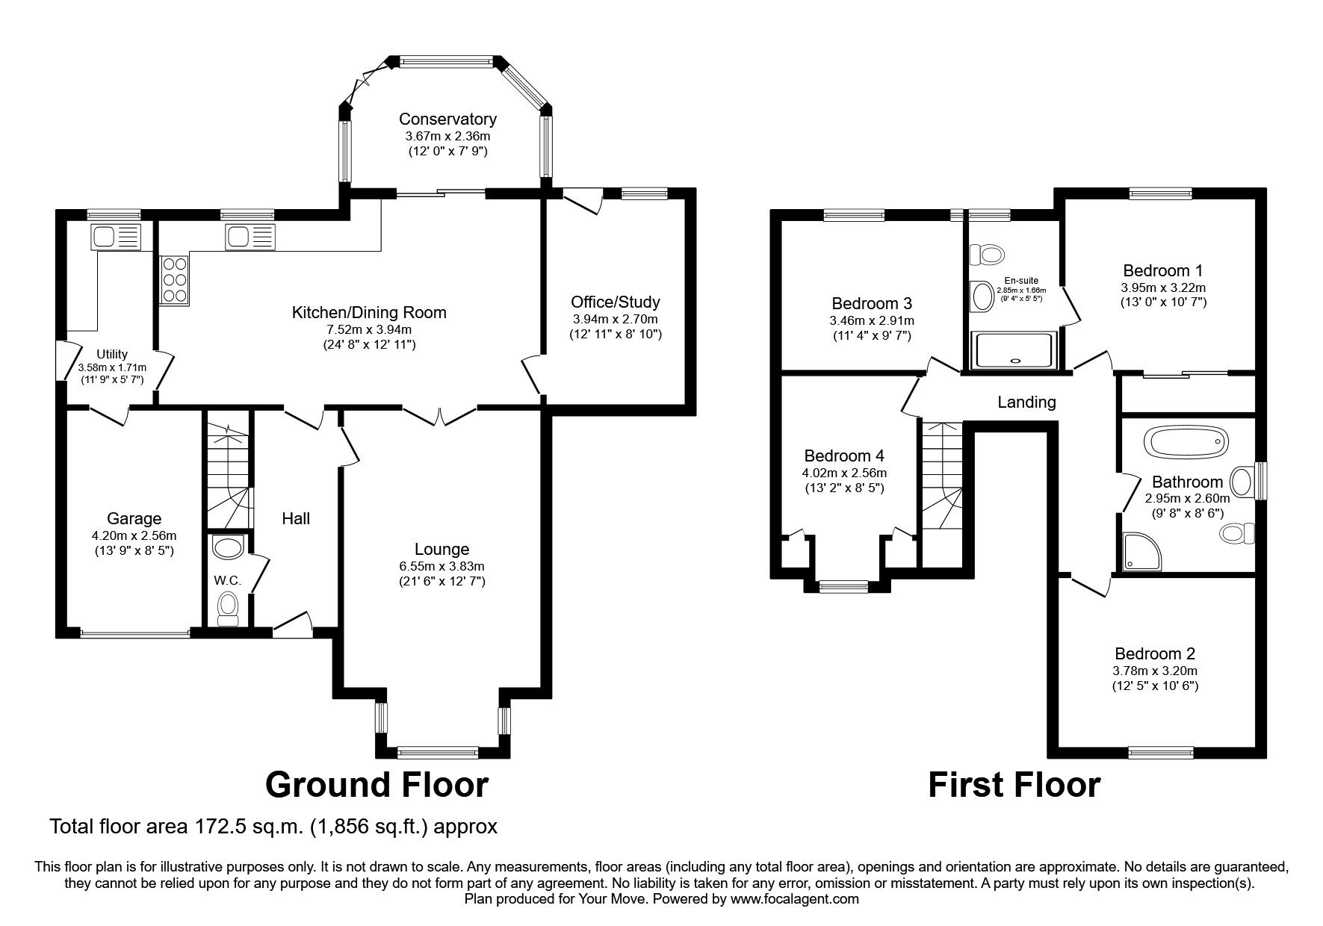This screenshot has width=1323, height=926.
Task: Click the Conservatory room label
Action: click(447, 119)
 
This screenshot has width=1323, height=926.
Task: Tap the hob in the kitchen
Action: click(174, 279)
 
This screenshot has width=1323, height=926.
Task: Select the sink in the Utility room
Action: click(115, 237)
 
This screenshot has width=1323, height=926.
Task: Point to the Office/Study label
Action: click(615, 302)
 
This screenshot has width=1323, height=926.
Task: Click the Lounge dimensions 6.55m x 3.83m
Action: click(442, 567)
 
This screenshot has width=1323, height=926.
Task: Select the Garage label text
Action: click(134, 519)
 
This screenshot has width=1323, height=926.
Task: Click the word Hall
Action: click(296, 519)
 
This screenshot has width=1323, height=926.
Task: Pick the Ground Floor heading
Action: click(377, 785)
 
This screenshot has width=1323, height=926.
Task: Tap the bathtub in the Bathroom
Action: click(1186, 443)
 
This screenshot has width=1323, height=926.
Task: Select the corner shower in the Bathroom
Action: click(1141, 551)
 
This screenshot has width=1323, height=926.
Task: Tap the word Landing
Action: click(1026, 403)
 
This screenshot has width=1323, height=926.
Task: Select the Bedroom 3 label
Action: click(872, 304)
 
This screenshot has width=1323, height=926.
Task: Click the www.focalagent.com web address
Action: click(794, 900)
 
